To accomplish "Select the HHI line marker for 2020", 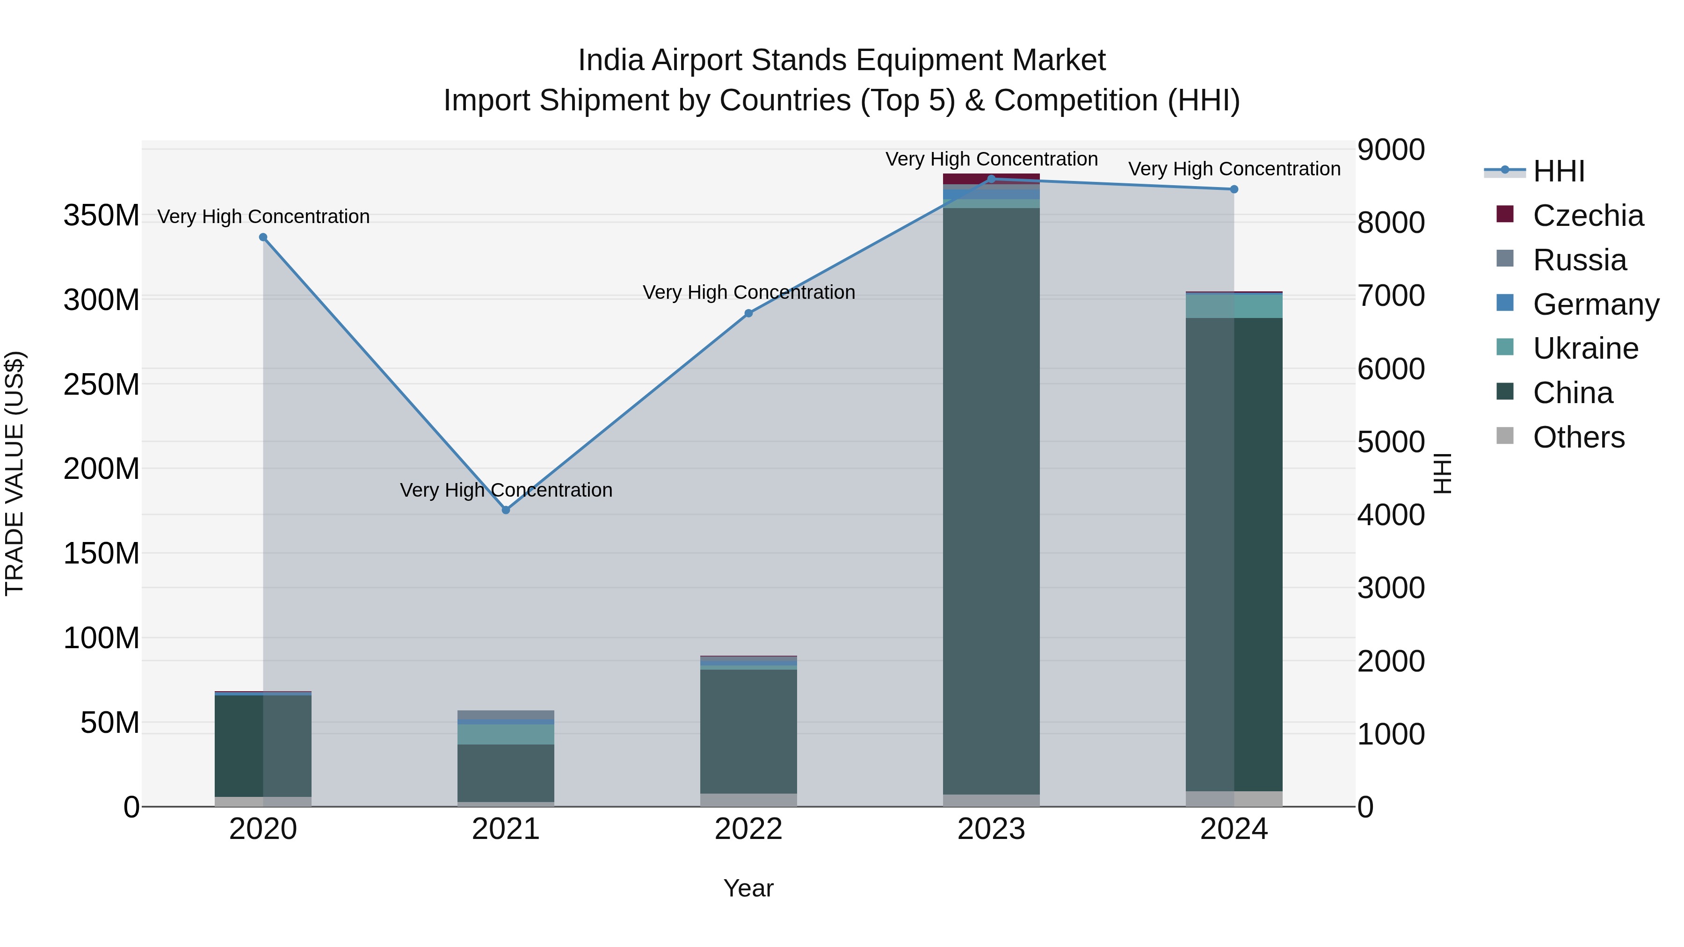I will coord(263,237).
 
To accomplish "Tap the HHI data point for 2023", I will coord(991,179).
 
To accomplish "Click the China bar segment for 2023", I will coord(991,497).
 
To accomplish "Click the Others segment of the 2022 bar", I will coord(748,800).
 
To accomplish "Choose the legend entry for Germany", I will coord(1595,304).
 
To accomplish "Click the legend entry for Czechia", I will coord(1587,216).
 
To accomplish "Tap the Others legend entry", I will coord(1578,437).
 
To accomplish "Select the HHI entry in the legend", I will coord(1559,171).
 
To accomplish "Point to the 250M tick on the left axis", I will coord(102,384).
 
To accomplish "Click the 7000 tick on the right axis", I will coord(1391,296).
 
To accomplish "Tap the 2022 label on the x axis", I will coord(748,829).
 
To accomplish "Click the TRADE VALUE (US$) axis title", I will coord(15,473).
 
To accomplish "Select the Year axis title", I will coord(748,888).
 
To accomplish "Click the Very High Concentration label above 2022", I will coord(748,292).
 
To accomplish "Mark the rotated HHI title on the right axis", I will coord(1442,473).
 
